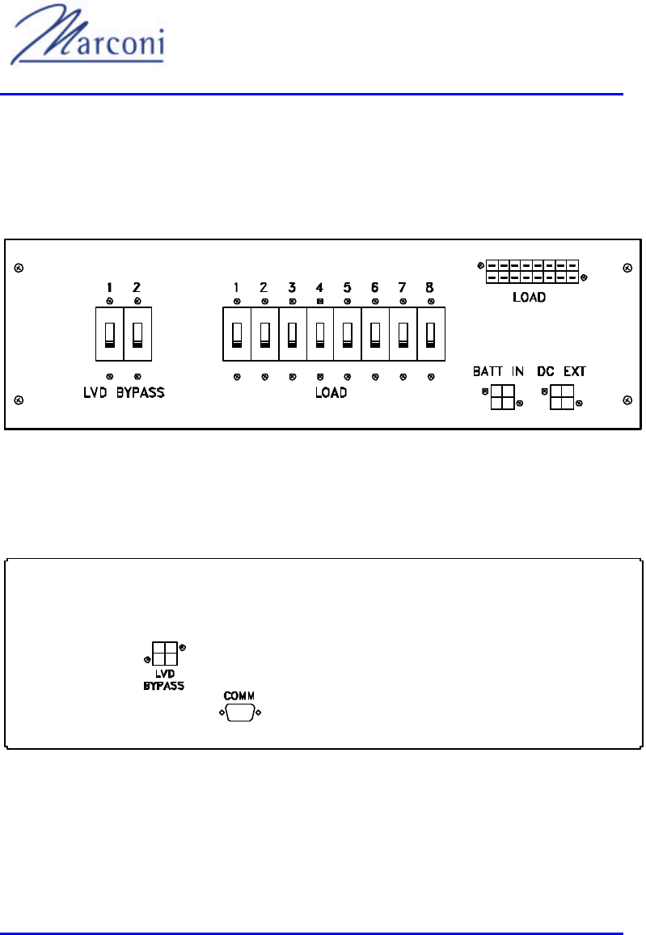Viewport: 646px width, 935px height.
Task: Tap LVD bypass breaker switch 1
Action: click(108, 333)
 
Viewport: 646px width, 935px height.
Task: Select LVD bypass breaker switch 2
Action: click(137, 333)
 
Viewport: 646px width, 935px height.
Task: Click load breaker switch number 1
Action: click(236, 333)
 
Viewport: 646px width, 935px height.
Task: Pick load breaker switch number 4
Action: click(320, 333)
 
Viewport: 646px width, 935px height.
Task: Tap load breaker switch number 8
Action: click(431, 333)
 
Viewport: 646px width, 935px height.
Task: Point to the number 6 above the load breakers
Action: click(375, 287)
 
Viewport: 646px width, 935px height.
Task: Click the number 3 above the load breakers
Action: click(292, 287)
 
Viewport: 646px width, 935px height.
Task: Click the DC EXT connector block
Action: click(563, 396)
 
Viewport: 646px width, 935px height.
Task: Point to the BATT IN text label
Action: click(498, 372)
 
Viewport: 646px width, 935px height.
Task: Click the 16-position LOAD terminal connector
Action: click(532, 271)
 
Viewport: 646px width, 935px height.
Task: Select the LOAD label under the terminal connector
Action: click(530, 297)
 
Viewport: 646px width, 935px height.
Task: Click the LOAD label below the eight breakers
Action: click(331, 393)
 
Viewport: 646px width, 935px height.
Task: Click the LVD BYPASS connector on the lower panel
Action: click(164, 653)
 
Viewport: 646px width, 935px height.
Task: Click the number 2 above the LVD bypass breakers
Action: click(137, 287)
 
